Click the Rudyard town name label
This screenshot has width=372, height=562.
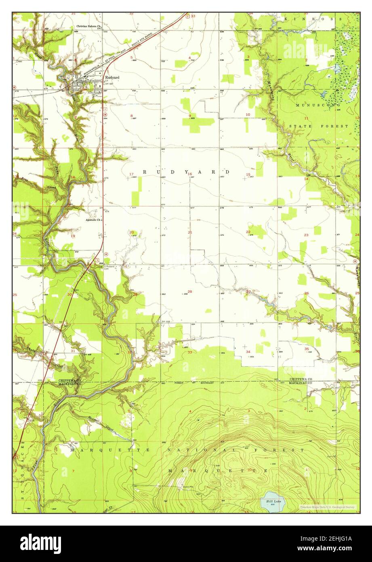tap(112, 78)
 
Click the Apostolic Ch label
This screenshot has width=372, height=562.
tap(93, 220)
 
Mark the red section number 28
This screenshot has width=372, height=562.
tap(190, 292)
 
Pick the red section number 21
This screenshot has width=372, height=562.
tap(190, 232)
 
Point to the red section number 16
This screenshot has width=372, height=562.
tap(190, 174)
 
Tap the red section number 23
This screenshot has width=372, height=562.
tap(306, 235)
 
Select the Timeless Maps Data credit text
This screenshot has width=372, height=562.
tap(327, 507)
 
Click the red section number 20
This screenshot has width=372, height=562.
tap(131, 232)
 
